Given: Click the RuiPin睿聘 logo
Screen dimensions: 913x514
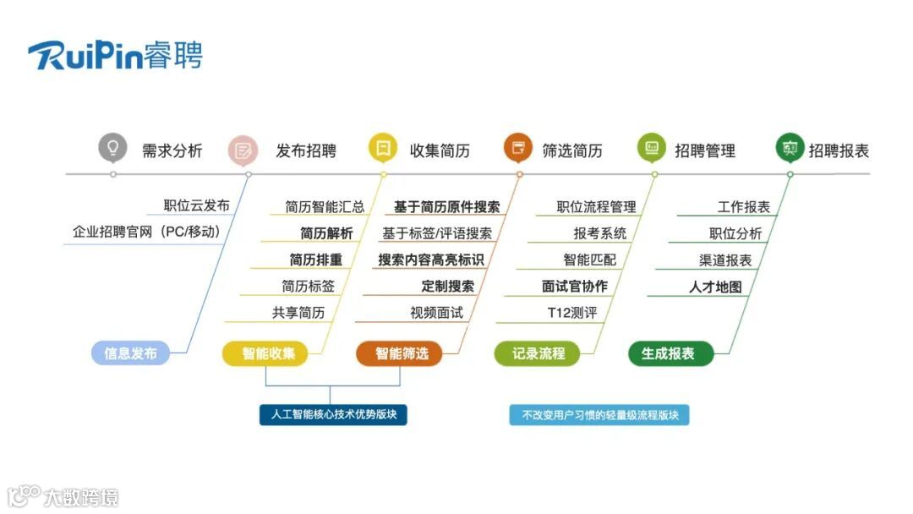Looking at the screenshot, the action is tap(115, 55).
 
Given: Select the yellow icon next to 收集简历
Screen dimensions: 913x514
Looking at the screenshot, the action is tap(382, 148).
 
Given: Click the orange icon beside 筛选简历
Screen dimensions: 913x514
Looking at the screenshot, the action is tap(518, 148).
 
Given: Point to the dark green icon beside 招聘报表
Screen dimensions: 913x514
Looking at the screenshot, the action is tap(790, 148).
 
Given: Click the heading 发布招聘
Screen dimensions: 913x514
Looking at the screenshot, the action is tap(306, 151).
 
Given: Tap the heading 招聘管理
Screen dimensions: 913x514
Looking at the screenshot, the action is tap(705, 151).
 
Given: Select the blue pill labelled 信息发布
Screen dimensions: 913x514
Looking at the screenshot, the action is tap(130, 353).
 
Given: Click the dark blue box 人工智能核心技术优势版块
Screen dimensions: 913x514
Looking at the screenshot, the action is tap(333, 415).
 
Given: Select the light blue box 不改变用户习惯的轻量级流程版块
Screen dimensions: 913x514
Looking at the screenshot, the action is tap(599, 415).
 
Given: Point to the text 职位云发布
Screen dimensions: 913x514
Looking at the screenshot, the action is tap(196, 205).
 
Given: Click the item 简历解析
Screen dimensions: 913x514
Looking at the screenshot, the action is tap(326, 233).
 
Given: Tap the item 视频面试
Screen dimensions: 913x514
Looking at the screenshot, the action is tap(436, 313).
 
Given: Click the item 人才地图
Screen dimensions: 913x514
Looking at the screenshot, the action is tap(715, 287).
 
